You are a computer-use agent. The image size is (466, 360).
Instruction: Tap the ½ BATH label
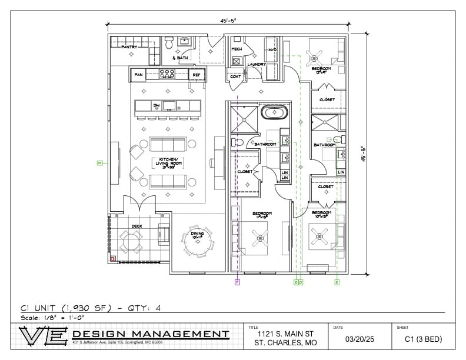(180, 58)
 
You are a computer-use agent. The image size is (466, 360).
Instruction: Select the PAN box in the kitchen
(139, 75)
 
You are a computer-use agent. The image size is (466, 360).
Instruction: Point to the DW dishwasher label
(157, 106)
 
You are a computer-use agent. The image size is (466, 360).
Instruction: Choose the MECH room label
(237, 49)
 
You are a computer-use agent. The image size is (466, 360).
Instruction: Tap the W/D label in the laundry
(272, 49)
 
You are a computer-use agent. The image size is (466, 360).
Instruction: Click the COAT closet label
(236, 76)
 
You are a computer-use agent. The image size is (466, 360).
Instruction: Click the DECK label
(137, 225)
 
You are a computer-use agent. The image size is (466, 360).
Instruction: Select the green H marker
(99, 162)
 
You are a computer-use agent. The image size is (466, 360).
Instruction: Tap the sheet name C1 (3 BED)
(423, 339)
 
